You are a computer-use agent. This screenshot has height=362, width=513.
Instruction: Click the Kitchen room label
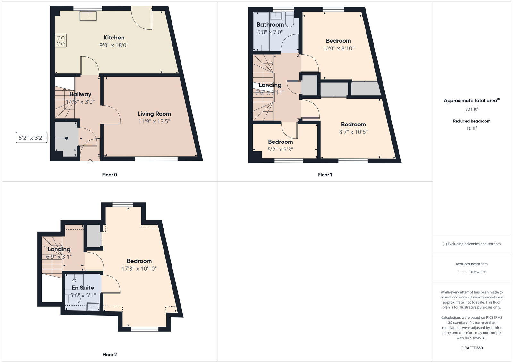tap(114, 38)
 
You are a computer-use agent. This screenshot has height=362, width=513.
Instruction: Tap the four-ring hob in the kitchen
tap(61, 41)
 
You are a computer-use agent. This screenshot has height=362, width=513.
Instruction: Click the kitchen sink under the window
tap(88, 15)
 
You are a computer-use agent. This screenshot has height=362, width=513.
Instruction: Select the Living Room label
tap(154, 114)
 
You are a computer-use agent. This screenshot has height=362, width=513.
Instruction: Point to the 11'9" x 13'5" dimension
tap(154, 121)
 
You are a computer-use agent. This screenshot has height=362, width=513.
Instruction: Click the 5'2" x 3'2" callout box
tap(31, 138)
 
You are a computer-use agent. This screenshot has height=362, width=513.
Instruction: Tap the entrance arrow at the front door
tap(90, 161)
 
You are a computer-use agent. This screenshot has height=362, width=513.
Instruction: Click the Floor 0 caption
tap(110, 175)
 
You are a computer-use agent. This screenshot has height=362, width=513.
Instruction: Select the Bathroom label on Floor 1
tap(270, 25)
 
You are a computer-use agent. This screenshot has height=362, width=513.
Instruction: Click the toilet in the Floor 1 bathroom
tap(289, 20)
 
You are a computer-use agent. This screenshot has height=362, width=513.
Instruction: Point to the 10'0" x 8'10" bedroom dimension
tap(338, 48)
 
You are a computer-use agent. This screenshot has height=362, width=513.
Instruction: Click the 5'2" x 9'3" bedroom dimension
tap(281, 149)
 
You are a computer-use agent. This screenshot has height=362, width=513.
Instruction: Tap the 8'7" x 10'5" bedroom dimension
tap(353, 132)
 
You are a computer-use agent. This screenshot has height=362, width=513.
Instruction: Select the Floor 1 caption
tap(325, 175)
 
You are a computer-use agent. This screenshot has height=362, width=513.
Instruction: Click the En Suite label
tap(83, 288)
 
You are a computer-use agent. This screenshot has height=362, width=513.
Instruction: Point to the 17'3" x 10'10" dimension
tap(139, 269)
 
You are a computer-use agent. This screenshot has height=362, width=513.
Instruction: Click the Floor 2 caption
tap(110, 354)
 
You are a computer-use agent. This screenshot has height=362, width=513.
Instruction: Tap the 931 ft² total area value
tap(472, 109)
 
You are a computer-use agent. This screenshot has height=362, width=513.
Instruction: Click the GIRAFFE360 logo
tap(472, 348)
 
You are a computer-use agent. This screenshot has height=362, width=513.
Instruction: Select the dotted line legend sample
tap(462, 272)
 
